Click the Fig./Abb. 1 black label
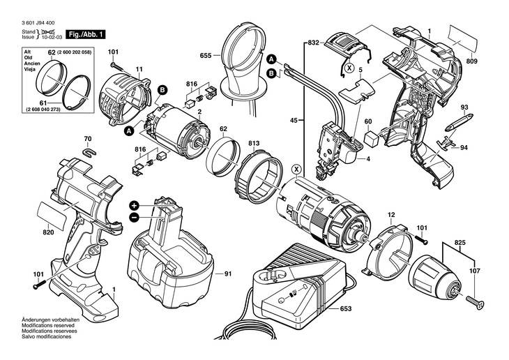point(86,34)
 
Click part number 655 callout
point(206,56)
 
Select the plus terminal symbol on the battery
point(134,206)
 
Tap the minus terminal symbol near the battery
point(134,217)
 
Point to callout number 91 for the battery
point(228,274)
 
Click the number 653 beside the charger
point(346,308)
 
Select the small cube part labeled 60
point(371,140)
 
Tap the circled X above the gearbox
point(296,169)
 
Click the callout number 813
point(254,143)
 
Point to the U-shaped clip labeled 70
point(89,151)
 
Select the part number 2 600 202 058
point(74,52)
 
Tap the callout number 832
point(313,43)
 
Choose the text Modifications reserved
point(48,325)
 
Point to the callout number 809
point(472,61)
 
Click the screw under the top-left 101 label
point(117,67)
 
